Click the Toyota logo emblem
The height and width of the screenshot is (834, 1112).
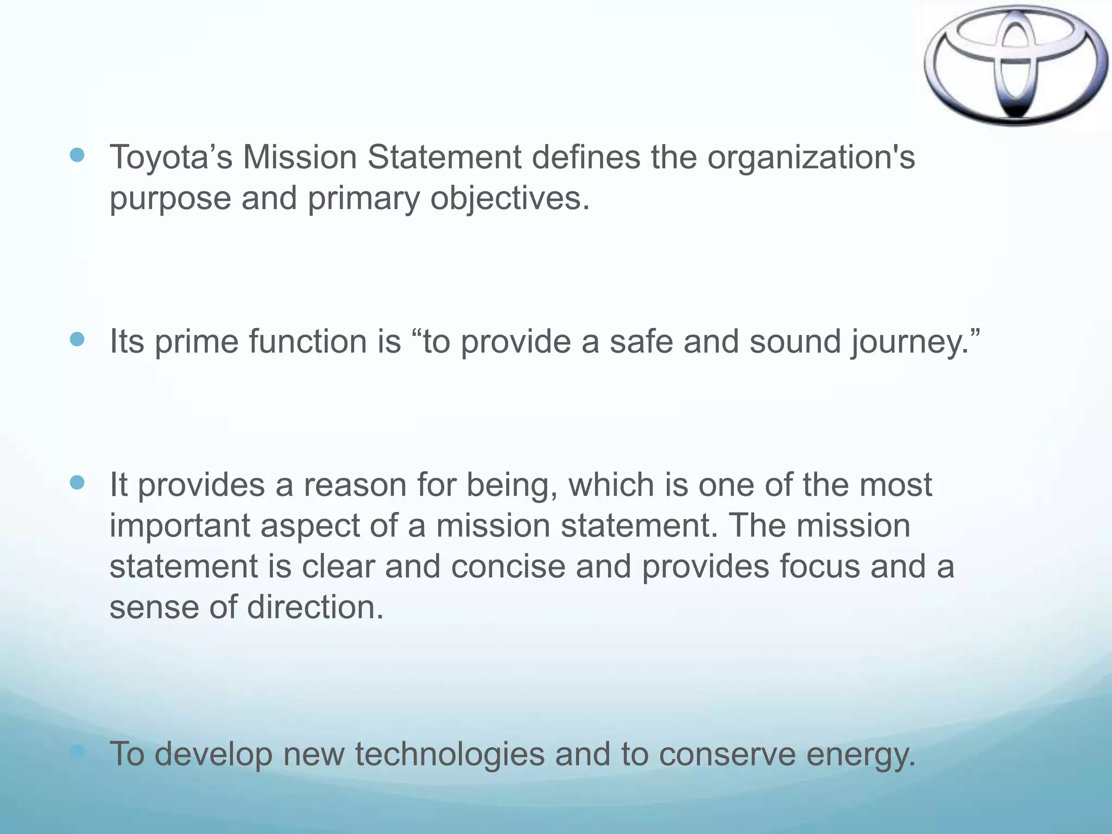(x=1015, y=65)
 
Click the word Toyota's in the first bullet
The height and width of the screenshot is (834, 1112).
(x=171, y=157)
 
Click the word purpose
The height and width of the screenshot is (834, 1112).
(x=170, y=199)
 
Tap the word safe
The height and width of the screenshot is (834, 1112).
(x=641, y=342)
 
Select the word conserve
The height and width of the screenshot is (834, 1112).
(x=728, y=755)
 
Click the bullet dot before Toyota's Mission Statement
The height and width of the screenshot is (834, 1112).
(x=78, y=156)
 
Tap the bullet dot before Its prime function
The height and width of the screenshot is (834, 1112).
(x=78, y=340)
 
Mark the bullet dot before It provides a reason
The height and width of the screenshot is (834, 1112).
(x=78, y=483)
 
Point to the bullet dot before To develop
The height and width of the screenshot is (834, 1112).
(x=78, y=752)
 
